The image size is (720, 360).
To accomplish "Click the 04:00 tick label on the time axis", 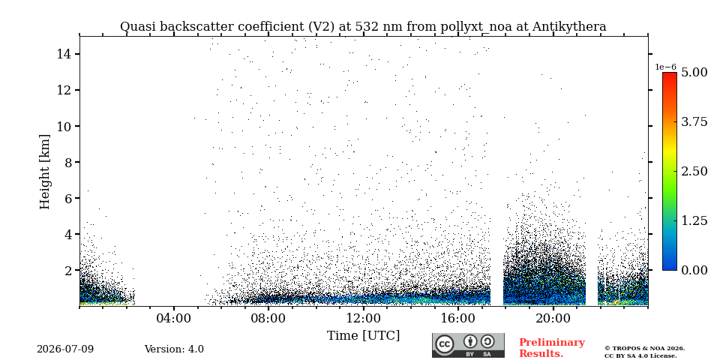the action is [x=174, y=318].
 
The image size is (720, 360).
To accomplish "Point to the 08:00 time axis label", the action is [x=268, y=318].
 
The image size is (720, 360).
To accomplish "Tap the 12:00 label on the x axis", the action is [x=364, y=318].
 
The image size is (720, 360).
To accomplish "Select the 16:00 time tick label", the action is [x=458, y=318].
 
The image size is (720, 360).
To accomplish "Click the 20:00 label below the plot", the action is [x=553, y=318].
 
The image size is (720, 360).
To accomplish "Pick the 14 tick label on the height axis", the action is [x=63, y=54].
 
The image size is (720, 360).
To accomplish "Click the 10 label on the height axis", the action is [x=63, y=126].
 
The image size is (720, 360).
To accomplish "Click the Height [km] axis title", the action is [x=44, y=172].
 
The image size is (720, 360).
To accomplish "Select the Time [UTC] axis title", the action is [x=363, y=336].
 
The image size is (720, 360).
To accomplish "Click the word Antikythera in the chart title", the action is [x=569, y=27].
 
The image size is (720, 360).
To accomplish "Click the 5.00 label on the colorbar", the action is [x=694, y=72].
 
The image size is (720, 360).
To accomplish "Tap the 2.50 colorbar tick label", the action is [x=694, y=171].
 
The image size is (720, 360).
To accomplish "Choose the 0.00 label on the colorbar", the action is [x=694, y=270].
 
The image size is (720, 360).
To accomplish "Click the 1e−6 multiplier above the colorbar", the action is [x=665, y=67].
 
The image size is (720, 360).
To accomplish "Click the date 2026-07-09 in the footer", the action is [x=65, y=349].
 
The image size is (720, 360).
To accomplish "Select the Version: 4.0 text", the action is [x=174, y=349].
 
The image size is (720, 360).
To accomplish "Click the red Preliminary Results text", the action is [x=552, y=348].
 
